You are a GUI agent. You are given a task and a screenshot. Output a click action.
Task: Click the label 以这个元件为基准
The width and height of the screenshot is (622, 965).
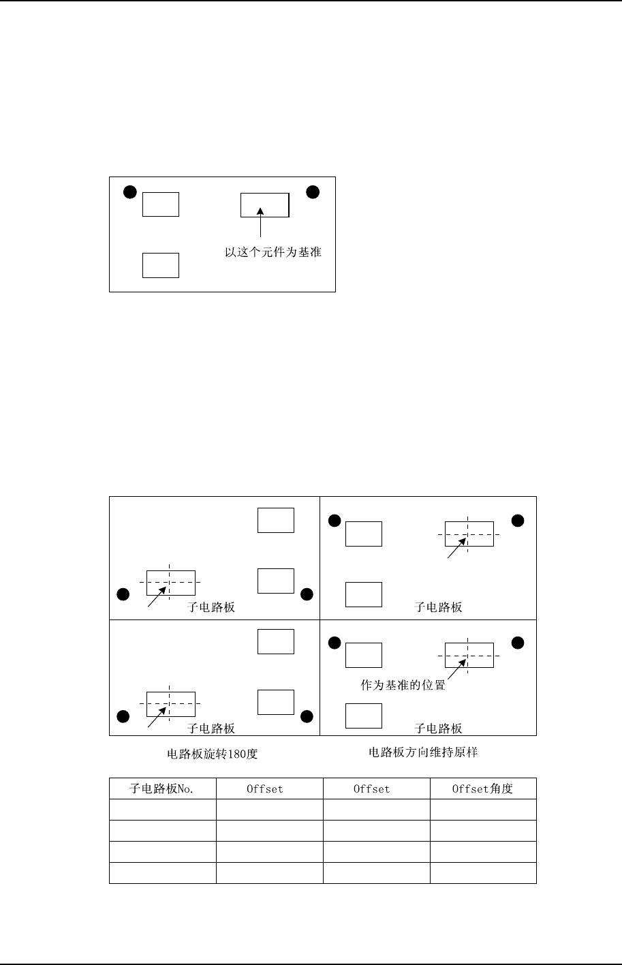tap(273, 253)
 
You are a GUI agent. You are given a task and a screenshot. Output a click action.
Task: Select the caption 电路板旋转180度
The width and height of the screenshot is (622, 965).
tap(213, 754)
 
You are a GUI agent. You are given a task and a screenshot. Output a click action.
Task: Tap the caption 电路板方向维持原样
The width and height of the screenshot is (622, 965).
tap(429, 753)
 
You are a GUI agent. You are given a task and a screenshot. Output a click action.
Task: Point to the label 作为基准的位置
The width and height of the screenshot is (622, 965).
tap(403, 686)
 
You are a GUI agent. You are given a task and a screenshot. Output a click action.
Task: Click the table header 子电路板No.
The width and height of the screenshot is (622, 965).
tap(162, 789)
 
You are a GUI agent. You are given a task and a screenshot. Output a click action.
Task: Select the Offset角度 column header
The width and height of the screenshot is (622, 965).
tap(483, 789)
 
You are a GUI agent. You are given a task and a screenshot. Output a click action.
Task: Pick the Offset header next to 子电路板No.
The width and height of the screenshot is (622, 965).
tap(265, 789)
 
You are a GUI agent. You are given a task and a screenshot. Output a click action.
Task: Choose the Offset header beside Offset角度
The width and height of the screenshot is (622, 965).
tap(372, 789)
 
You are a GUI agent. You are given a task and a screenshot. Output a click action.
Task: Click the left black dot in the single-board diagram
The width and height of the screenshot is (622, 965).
tap(129, 192)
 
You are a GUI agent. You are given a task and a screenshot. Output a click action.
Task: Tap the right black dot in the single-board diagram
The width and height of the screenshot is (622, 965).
tap(313, 192)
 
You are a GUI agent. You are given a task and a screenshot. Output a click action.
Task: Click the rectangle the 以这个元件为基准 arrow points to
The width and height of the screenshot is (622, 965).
tap(265, 204)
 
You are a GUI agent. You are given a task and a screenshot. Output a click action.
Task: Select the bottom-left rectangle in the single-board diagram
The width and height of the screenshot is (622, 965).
tap(161, 265)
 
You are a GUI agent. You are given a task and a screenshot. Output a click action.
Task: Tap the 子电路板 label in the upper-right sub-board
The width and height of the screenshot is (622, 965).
tap(438, 607)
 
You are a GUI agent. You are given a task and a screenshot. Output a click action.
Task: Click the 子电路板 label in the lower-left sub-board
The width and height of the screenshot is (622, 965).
tap(211, 729)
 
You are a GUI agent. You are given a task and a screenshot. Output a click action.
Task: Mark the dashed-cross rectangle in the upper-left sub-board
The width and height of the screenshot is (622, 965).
tap(171, 583)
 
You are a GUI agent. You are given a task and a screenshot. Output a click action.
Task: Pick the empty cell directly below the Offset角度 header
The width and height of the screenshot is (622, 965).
tap(483, 810)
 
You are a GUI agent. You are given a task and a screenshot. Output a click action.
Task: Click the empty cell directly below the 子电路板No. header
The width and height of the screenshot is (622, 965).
tap(162, 810)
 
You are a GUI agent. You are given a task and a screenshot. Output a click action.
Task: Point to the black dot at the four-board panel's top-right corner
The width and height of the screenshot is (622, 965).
tap(518, 521)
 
